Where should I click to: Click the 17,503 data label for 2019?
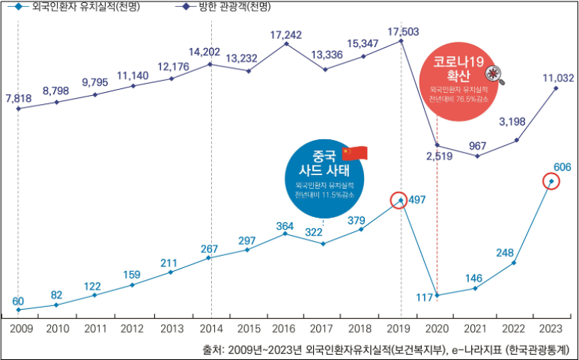404,31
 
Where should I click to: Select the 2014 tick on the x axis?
211,329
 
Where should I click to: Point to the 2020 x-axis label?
437,329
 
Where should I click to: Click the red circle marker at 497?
400,200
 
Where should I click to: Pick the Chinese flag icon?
355,153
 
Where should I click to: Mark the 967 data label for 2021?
477,145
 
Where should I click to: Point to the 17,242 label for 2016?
285,34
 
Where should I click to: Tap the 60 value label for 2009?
18,301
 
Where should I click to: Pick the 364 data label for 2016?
285,225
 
